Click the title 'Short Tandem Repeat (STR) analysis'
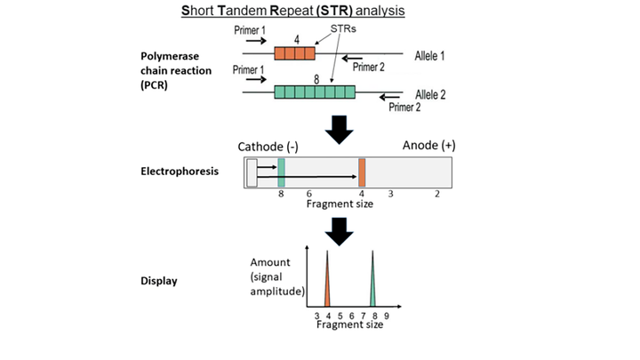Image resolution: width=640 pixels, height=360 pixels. (x=320, y=12)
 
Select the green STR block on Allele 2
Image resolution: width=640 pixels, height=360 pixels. (x=315, y=92)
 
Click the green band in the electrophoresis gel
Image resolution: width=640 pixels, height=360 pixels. (x=281, y=172)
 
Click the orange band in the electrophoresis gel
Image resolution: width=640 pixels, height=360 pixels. (x=362, y=172)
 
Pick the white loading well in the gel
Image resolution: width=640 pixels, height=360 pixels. (x=252, y=172)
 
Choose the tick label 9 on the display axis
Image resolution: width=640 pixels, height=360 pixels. (x=386, y=316)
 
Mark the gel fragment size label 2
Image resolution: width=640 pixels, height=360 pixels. (x=436, y=193)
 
